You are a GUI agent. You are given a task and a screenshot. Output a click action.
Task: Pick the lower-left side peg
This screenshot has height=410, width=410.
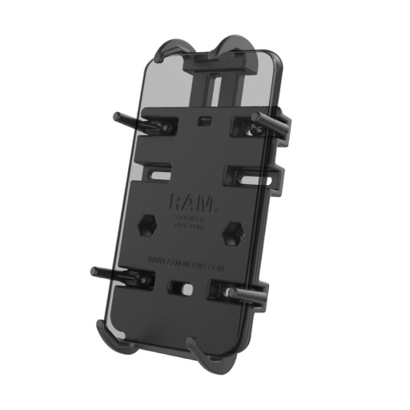[x=112, y=273]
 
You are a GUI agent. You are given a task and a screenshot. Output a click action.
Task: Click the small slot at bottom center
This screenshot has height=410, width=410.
[x=178, y=287]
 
